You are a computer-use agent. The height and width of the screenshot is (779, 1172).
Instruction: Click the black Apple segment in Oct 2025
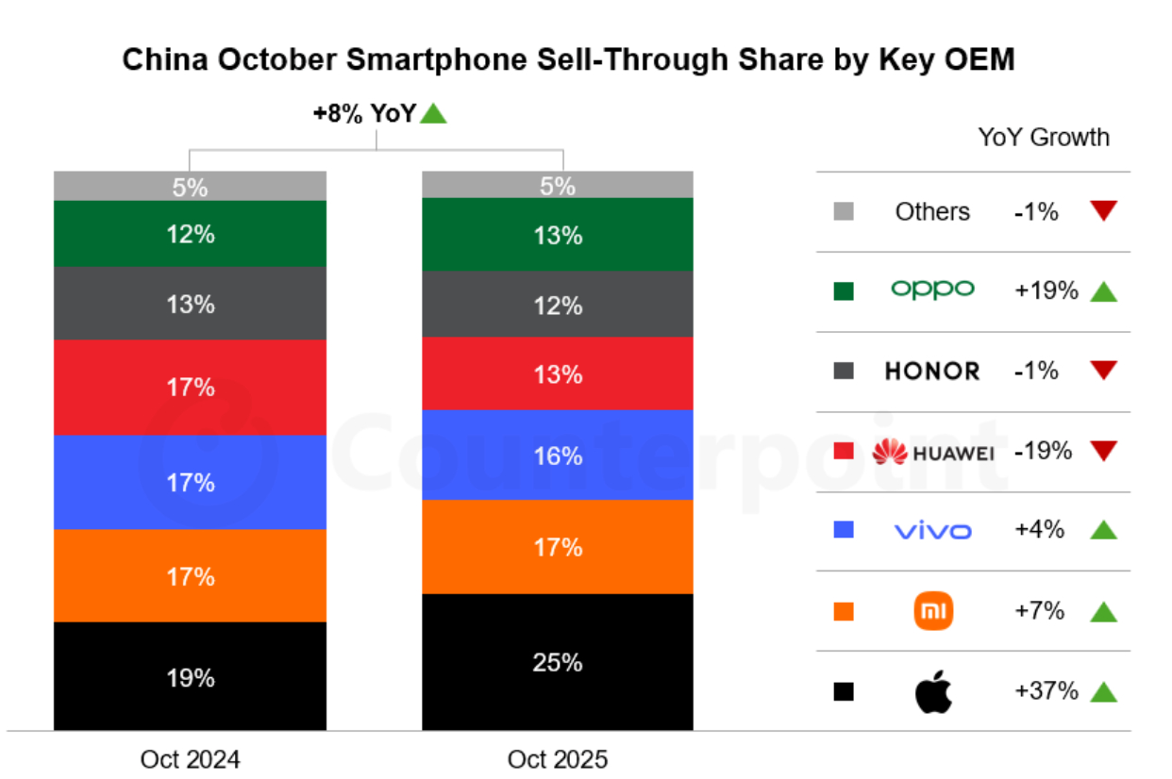[x=558, y=662]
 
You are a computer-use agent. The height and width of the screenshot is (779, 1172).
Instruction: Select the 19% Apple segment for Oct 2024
[x=190, y=676]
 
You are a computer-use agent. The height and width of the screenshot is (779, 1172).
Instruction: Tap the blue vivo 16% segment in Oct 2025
[x=558, y=456]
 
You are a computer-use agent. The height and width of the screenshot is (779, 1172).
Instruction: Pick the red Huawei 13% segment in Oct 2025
[x=558, y=374]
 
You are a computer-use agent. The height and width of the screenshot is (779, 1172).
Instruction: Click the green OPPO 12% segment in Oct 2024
[x=190, y=234]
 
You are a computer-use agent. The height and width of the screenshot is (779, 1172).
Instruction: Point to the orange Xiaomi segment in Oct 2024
[x=190, y=575]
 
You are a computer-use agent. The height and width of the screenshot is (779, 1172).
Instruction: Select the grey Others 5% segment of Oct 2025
[x=558, y=186]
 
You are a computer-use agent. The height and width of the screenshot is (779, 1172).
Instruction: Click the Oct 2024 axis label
[x=190, y=759]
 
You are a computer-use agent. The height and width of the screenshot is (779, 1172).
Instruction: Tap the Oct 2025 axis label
[x=558, y=759]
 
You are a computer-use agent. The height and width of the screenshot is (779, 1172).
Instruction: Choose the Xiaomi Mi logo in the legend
[x=933, y=612]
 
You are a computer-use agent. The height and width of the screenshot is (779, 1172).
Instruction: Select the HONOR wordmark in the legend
[x=932, y=372]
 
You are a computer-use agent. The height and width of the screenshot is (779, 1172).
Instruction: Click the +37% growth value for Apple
[x=1046, y=691]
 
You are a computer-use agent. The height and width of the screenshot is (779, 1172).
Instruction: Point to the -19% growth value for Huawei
[x=1043, y=452]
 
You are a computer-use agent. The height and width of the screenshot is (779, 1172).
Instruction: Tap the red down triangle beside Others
[x=1103, y=211]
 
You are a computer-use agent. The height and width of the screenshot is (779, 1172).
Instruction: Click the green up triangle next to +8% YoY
[x=433, y=114]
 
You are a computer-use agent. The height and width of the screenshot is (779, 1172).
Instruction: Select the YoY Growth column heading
[x=1044, y=138]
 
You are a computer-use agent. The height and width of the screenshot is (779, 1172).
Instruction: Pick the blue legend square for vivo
[x=844, y=531]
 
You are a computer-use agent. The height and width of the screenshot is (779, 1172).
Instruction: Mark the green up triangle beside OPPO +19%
[x=1103, y=292]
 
